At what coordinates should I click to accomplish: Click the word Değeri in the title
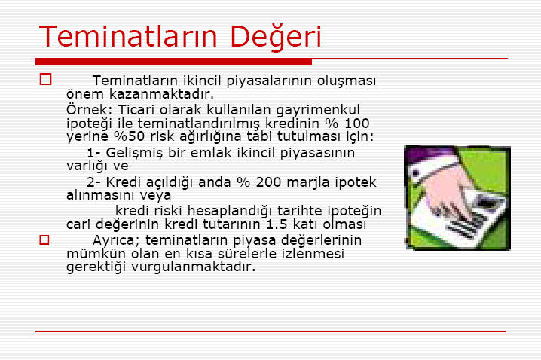[275, 37]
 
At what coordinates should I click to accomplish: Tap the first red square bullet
[45, 79]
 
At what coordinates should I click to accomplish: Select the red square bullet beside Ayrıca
[44, 240]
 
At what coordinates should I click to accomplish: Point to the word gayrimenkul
[318, 111]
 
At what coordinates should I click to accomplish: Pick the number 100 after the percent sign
[356, 124]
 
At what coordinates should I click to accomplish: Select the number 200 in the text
[268, 182]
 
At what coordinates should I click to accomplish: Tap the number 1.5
[277, 224]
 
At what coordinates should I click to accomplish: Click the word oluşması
[347, 81]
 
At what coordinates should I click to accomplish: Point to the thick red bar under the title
[173, 61]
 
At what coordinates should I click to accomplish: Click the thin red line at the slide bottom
[270, 331]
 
